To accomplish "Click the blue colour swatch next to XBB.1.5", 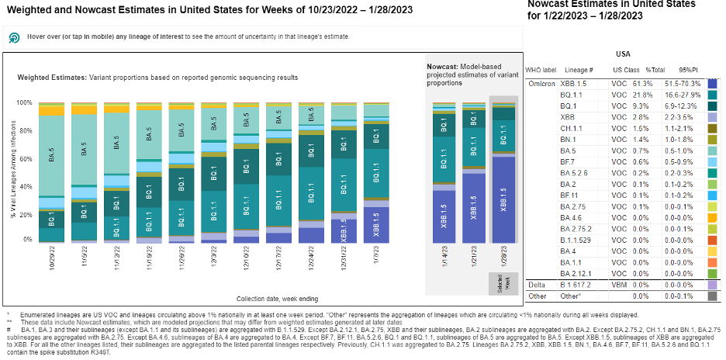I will pyautogui.click(x=713, y=83).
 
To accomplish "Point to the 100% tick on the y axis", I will pyautogui.click(x=24, y=102).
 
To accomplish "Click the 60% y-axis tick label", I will pyautogui.click(x=24, y=159).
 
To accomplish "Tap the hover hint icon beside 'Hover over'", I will pyautogui.click(x=14, y=37).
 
